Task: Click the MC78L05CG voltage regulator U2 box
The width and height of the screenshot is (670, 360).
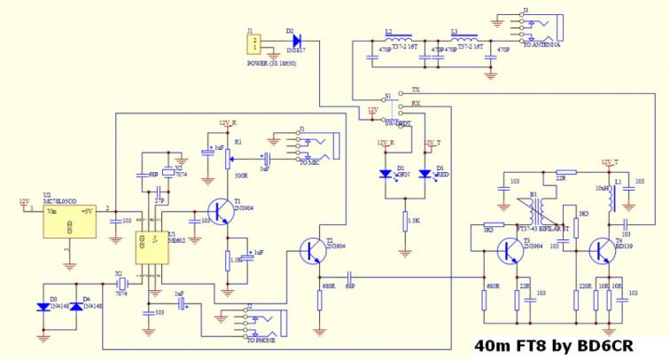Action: click(72, 222)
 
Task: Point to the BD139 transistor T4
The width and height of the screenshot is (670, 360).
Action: click(604, 252)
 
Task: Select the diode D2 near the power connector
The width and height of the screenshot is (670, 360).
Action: click(295, 40)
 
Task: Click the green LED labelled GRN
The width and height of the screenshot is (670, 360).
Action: click(385, 174)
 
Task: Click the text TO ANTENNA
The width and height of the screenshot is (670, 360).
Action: click(541, 44)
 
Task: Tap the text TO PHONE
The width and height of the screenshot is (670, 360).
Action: click(261, 340)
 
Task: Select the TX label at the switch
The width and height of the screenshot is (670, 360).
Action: click(417, 91)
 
